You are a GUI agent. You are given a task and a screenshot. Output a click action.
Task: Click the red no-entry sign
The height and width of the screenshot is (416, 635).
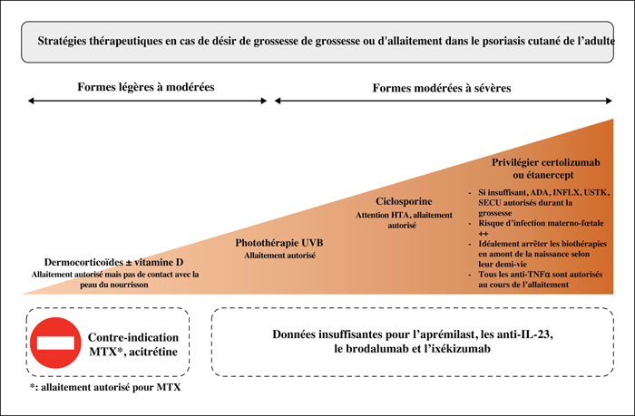(55, 343)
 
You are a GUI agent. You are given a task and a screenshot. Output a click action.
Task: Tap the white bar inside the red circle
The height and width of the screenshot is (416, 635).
(55, 343)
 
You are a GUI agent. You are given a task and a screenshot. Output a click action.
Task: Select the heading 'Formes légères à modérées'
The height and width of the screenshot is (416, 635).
(146, 87)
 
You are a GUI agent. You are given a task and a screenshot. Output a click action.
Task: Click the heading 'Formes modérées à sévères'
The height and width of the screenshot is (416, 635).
(442, 88)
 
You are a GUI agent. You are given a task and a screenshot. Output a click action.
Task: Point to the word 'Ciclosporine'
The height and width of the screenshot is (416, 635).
(404, 201)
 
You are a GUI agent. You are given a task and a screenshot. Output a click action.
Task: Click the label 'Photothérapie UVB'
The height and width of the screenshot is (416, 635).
(279, 243)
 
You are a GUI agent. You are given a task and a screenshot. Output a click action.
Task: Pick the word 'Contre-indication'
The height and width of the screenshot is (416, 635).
(133, 337)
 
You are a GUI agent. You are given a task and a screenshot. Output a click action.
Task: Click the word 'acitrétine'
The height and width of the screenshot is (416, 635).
(153, 352)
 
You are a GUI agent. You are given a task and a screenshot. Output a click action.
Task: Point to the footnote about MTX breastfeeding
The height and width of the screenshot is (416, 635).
(105, 387)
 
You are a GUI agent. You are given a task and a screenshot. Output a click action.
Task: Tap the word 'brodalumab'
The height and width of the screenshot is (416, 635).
(378, 348)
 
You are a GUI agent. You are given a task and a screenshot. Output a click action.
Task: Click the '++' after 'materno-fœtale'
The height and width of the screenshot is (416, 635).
(484, 234)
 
